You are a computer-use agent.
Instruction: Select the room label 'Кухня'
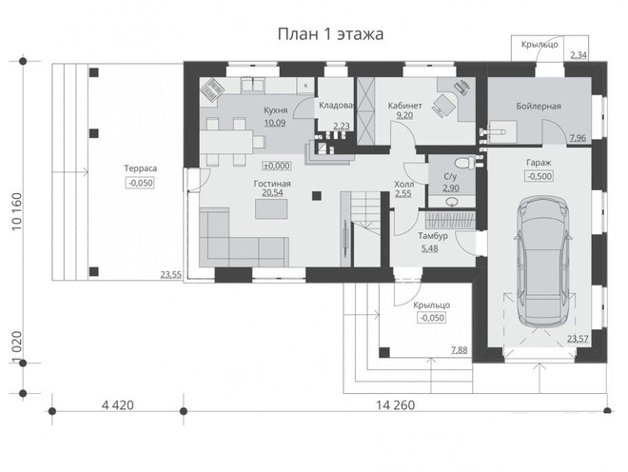tap(275, 110)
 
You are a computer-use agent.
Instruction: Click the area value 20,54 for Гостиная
tap(271, 193)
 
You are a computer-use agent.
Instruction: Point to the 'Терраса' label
tap(139, 168)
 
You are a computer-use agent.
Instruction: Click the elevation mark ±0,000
tap(276, 164)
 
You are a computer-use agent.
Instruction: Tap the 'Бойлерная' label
tap(539, 107)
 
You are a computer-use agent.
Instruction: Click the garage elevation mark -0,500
tap(538, 176)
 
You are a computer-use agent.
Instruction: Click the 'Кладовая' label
tap(336, 105)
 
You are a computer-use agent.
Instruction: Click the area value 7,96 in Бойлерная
tap(577, 139)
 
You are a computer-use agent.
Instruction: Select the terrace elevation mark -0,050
tap(139, 183)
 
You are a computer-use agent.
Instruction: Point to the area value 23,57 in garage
tap(577, 338)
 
